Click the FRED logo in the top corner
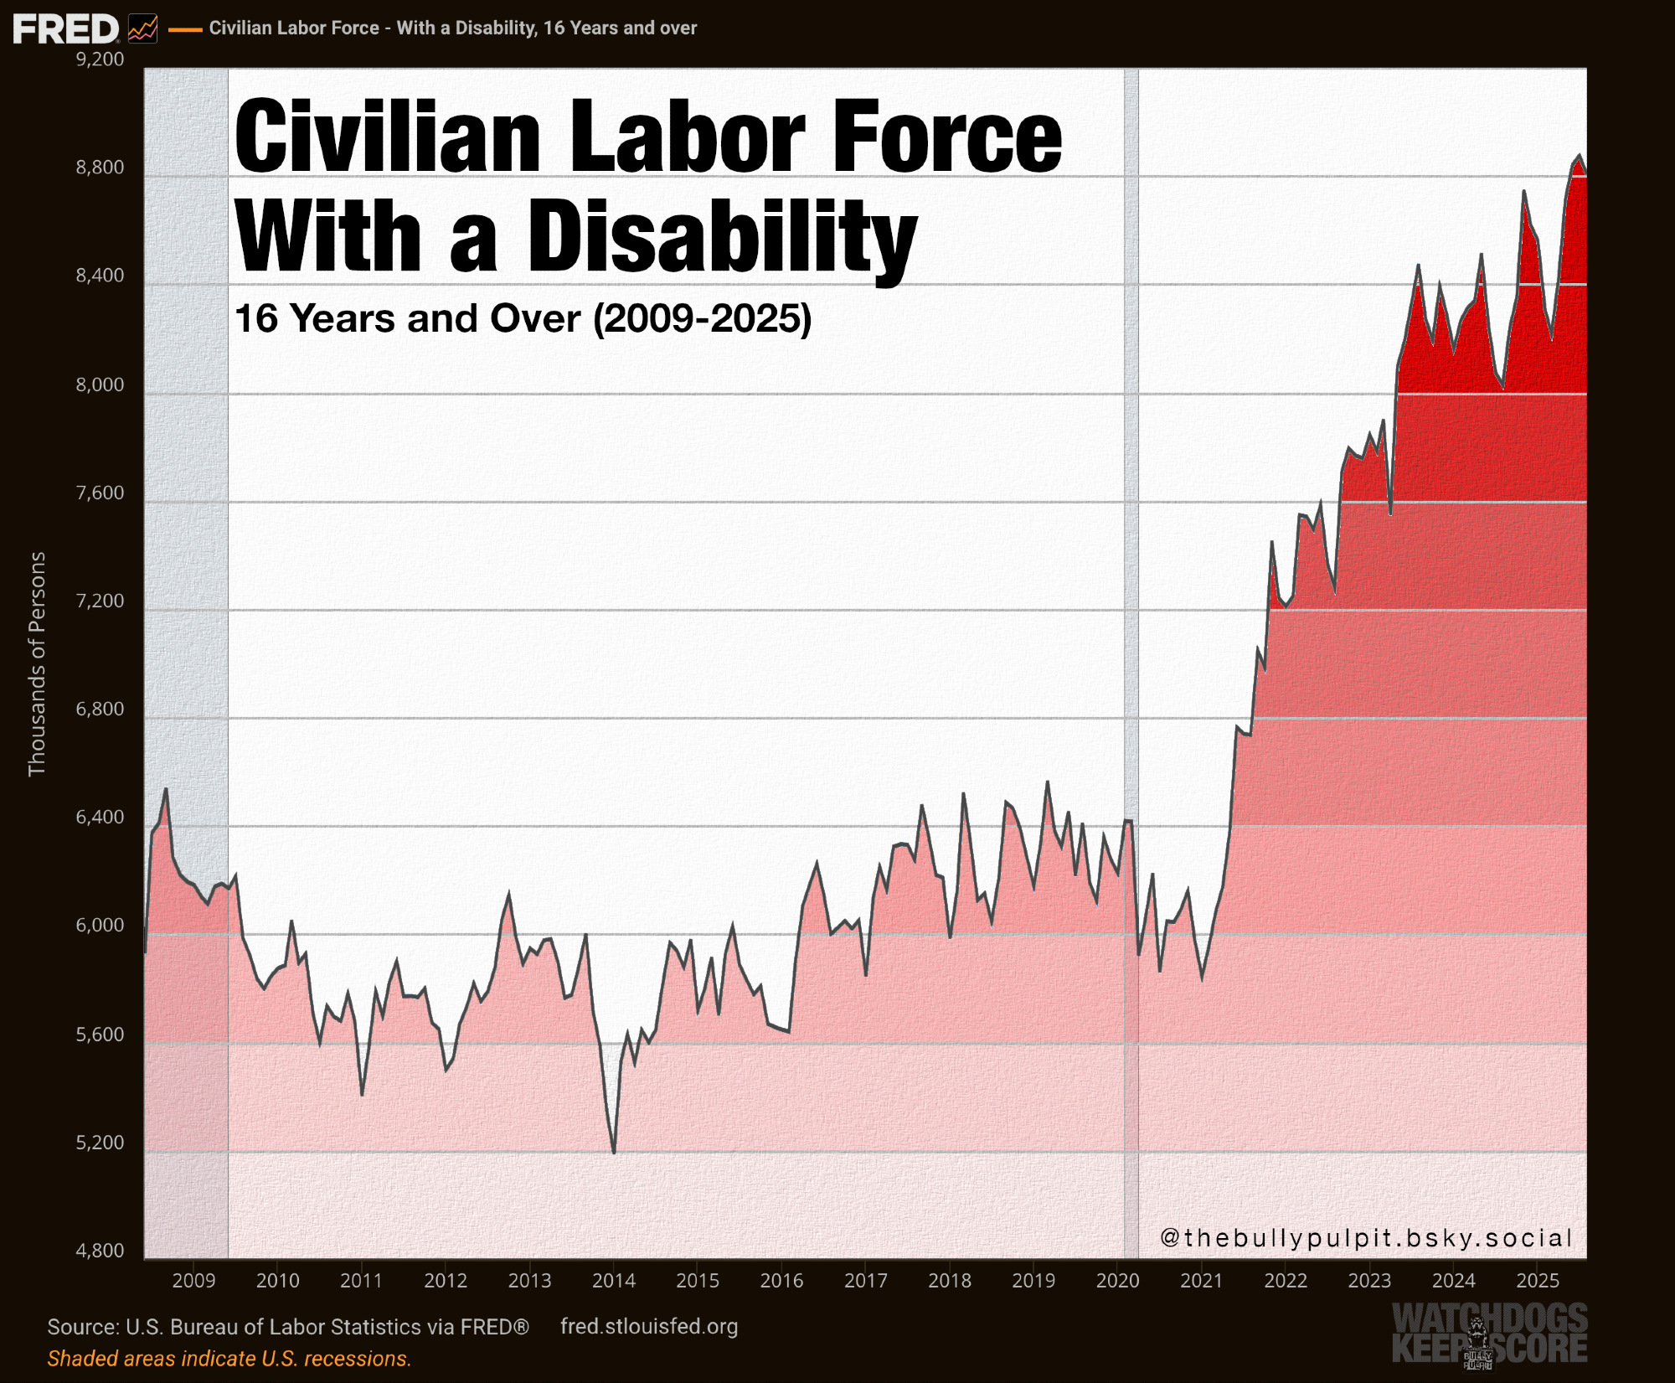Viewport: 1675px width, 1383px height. point(66,28)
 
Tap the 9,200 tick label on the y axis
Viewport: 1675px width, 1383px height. point(100,59)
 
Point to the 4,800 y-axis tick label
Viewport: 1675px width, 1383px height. point(100,1251)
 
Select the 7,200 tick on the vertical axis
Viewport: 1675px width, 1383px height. point(100,601)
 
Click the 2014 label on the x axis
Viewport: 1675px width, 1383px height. point(614,1281)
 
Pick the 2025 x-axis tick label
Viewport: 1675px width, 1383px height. point(1538,1281)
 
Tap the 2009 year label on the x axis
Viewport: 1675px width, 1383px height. point(193,1281)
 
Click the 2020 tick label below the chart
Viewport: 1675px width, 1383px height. point(1117,1281)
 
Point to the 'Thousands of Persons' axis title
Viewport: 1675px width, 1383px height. point(37,663)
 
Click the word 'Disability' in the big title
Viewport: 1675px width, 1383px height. point(722,236)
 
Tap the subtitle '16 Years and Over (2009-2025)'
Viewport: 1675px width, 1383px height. point(523,318)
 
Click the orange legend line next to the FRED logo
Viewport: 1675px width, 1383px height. point(185,29)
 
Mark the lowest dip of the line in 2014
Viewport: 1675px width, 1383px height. point(614,1153)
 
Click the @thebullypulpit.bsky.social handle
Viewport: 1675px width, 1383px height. point(1366,1238)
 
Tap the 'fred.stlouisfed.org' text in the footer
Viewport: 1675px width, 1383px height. point(649,1327)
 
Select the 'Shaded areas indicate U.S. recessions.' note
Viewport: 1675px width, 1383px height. point(229,1359)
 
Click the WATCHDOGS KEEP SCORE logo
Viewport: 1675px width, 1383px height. point(1489,1334)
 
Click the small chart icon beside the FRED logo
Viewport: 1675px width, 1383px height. point(143,28)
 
